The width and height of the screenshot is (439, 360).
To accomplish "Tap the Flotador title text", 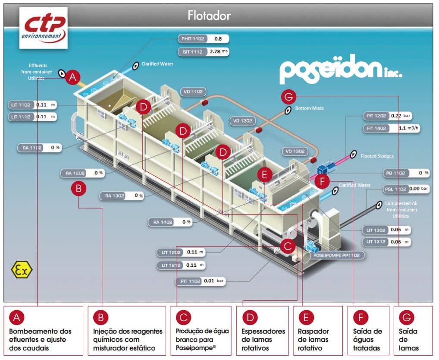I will point(209,16).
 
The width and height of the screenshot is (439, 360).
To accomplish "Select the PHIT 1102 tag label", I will point(192,39).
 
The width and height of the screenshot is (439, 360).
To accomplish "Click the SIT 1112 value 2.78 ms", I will point(218,52).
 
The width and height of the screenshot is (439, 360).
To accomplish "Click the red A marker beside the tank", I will point(73,78).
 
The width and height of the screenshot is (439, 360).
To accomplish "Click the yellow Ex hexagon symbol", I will point(22,270).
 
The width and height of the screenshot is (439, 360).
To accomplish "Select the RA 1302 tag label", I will point(114,196).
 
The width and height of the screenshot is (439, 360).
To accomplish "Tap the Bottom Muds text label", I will point(309,108).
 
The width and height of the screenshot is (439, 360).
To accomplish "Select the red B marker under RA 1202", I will point(78,189).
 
